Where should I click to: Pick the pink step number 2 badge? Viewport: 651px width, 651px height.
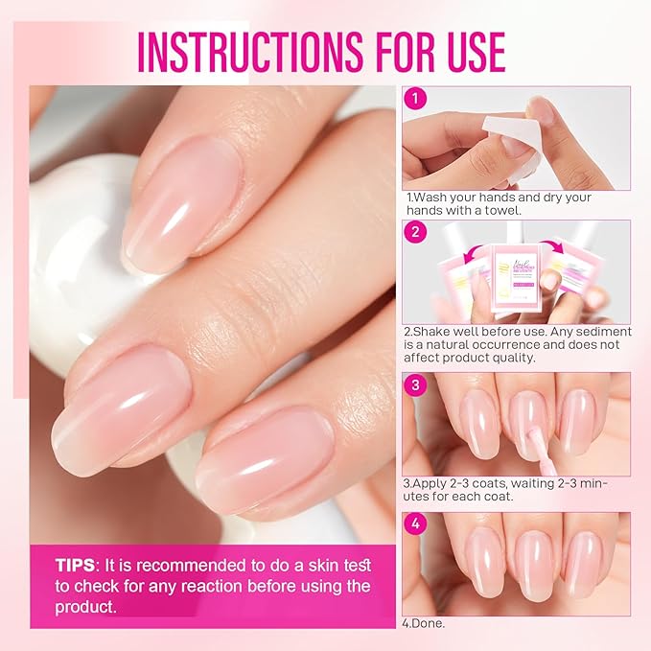click(x=414, y=231)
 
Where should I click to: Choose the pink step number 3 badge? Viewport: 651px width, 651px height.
click(x=414, y=384)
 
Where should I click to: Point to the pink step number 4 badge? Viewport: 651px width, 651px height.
click(x=414, y=524)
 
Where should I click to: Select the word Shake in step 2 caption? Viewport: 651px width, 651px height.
click(x=432, y=331)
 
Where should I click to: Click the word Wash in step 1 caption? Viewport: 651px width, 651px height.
click(x=429, y=198)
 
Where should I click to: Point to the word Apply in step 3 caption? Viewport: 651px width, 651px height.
click(x=430, y=483)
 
